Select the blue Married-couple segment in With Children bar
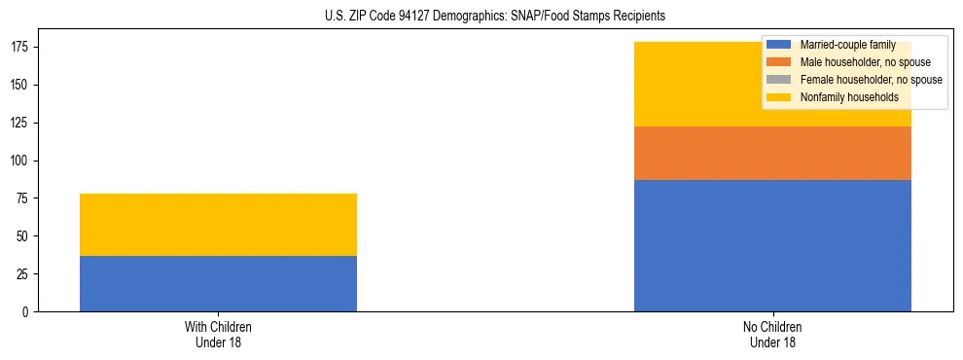(218, 283)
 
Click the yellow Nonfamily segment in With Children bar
(218, 225)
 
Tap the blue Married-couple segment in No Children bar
(772, 245)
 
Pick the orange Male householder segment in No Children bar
(772, 153)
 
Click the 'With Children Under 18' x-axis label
(218, 334)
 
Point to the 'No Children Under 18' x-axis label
(772, 334)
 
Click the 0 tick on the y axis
(29, 311)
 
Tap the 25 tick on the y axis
(26, 273)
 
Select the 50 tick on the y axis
(26, 236)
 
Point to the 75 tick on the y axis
(26, 198)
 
